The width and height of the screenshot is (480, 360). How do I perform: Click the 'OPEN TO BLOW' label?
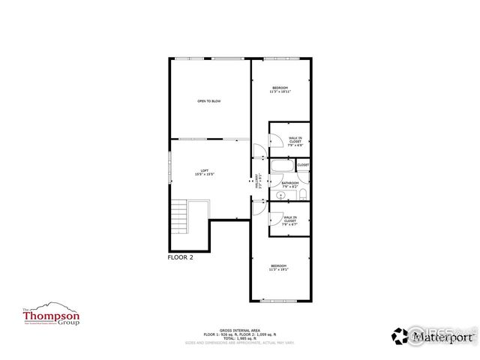click(x=208, y=100)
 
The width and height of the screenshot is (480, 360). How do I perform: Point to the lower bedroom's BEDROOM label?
click(x=279, y=267)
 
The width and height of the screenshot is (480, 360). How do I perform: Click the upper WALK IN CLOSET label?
click(x=295, y=139)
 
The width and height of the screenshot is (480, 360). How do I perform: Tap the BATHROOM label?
click(x=290, y=184)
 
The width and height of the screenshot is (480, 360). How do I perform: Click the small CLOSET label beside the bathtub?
click(x=303, y=165)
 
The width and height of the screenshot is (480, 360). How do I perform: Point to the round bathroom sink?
click(x=275, y=194)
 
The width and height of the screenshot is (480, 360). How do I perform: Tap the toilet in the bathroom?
click(x=301, y=195)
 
